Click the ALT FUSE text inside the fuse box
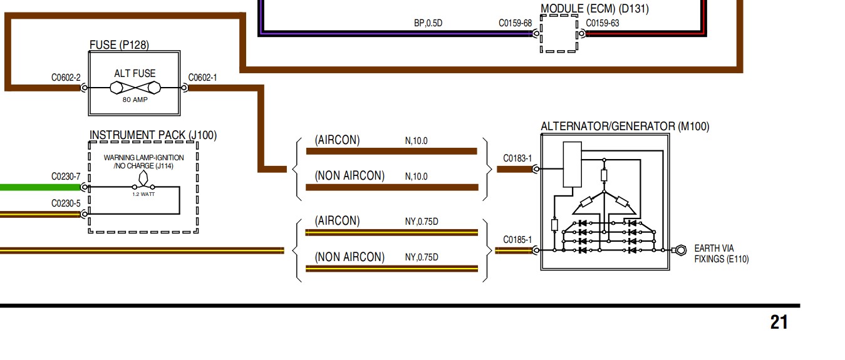135,73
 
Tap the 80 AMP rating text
135,100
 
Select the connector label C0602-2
66,78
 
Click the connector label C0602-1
202,78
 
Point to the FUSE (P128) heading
119,44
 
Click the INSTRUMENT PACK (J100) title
153,135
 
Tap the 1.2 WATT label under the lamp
143,194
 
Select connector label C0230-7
66,177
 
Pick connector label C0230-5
66,203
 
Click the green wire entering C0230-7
38,187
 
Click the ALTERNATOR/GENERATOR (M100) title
625,126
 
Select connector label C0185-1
517,240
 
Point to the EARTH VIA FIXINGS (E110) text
721,254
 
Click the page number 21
779,322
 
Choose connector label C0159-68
515,23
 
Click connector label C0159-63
603,23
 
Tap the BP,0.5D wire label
428,23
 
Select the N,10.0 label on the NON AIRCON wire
416,177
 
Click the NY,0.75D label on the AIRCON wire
422,221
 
